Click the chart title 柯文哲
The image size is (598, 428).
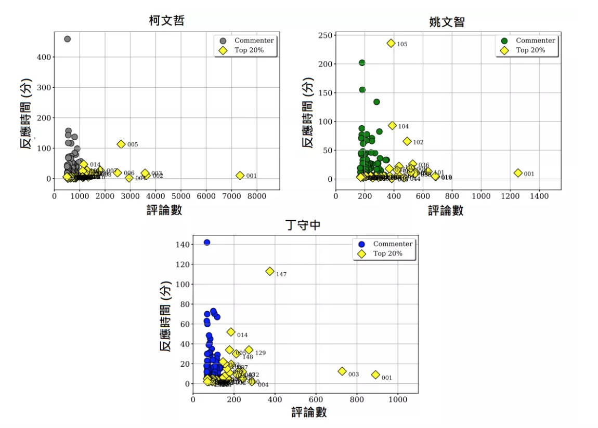click(166, 21)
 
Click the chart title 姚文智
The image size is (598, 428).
click(447, 22)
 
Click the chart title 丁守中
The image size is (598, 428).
click(304, 225)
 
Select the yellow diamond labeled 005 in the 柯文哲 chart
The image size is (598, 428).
click(121, 144)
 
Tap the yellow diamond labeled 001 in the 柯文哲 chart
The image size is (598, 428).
click(240, 176)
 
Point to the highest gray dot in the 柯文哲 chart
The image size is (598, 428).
click(67, 39)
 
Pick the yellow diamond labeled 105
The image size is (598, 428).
click(391, 43)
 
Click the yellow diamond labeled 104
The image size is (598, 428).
click(392, 126)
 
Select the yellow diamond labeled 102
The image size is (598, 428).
click(407, 141)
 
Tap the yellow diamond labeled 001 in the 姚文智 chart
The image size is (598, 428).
click(518, 173)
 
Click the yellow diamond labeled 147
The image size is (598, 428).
click(270, 271)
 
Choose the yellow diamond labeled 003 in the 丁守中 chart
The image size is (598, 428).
click(342, 371)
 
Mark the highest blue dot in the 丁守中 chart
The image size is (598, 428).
click(207, 242)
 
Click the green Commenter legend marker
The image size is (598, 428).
click(504, 41)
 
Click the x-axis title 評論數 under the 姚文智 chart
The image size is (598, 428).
click(446, 210)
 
